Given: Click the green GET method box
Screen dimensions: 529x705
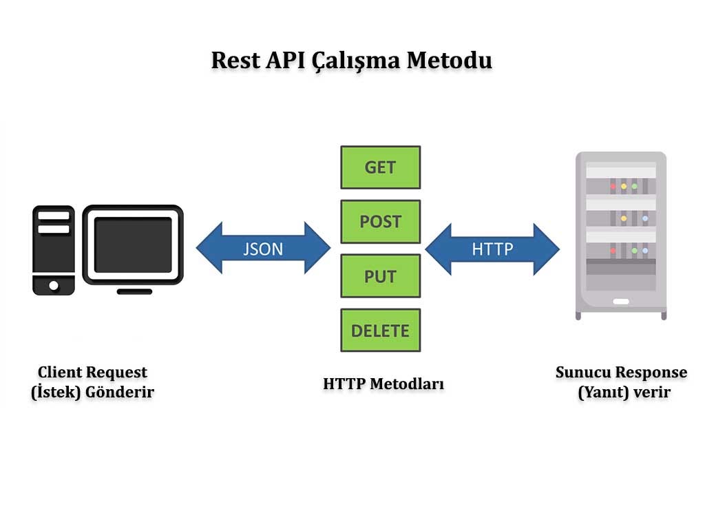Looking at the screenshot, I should (x=380, y=167).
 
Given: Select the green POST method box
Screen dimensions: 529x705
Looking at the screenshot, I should (x=380, y=222).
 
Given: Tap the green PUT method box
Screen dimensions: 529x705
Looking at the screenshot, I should (x=380, y=276).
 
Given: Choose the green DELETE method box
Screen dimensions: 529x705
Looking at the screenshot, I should (x=380, y=331).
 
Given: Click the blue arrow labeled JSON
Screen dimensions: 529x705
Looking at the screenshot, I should (x=263, y=248).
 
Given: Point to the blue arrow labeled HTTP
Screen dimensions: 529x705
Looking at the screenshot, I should (x=492, y=248).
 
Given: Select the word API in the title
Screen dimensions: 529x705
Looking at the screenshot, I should (x=286, y=60).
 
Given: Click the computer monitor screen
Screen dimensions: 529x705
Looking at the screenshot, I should (x=133, y=245).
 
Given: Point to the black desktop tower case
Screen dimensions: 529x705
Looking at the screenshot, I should (x=54, y=250).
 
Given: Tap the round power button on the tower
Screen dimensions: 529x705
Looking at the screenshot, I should (x=54, y=284).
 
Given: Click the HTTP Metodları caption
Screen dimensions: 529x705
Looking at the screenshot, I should (x=383, y=384).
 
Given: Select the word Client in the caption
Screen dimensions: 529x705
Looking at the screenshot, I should (x=61, y=373).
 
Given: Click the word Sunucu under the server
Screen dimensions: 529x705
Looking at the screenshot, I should (x=582, y=373).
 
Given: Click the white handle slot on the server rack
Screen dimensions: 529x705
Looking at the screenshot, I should (x=620, y=301).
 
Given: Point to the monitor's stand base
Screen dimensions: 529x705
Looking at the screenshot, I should (x=134, y=291).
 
